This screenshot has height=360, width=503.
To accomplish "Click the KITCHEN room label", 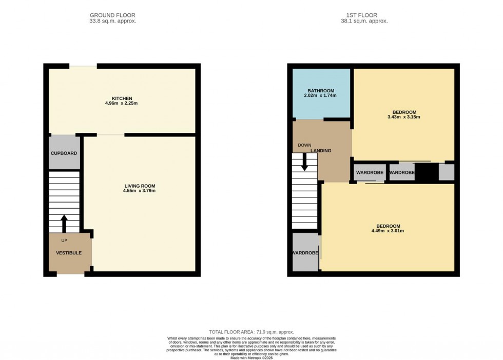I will pos(122,98).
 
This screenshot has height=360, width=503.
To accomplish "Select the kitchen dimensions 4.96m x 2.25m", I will pos(122,104).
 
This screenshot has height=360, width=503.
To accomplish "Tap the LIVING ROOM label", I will pos(139,186).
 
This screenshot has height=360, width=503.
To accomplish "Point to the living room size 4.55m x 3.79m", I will pos(139,191).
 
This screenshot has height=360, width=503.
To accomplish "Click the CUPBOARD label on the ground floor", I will pos(64,153).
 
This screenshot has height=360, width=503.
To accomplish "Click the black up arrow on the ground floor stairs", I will pos(64,224).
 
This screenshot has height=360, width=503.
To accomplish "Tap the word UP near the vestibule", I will pos(64,240).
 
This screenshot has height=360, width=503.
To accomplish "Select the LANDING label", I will pos(320,150).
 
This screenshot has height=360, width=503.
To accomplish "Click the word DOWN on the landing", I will pos(304,145).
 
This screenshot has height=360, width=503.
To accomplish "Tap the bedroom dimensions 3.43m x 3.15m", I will pos(404,117).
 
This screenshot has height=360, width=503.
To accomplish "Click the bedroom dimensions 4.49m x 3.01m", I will pos(388,231).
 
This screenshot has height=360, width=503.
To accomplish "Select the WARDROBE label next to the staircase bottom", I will pos(305,253).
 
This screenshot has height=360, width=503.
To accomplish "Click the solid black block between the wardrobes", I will pos(426,172).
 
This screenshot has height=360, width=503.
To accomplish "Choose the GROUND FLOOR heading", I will pos(112,15).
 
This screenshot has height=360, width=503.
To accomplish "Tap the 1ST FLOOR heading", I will pos(365,15).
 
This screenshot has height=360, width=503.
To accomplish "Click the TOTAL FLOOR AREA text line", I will pos(252,332).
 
